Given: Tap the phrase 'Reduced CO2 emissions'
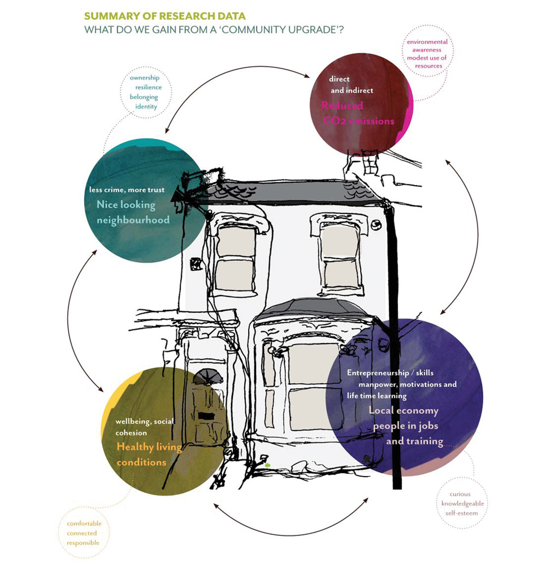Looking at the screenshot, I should click(357, 113).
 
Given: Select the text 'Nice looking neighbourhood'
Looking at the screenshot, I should click(133, 212).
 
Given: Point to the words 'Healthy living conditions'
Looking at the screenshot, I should click(149, 454).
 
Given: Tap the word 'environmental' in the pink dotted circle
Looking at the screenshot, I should click(427, 42).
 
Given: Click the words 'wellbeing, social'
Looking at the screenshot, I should click(144, 422).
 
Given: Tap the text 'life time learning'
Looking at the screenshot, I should click(376, 395).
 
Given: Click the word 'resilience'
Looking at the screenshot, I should click(146, 87).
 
